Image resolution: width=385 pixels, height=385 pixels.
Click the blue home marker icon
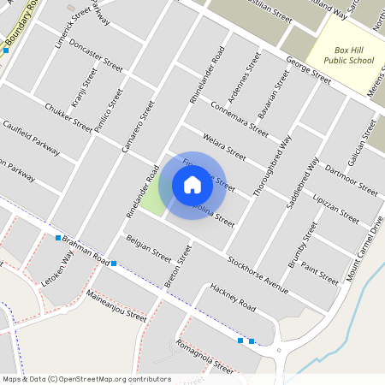[192, 184]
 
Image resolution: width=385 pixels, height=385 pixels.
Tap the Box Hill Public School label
[342, 55]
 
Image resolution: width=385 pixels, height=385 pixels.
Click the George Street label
[308, 69]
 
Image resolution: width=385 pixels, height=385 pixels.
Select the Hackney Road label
[233, 299]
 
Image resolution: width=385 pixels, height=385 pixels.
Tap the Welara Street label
[224, 147]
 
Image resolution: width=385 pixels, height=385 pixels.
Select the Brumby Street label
[303, 246]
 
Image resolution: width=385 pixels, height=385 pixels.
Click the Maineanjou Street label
[117, 306]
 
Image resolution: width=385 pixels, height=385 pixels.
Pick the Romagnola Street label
[204, 357]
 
